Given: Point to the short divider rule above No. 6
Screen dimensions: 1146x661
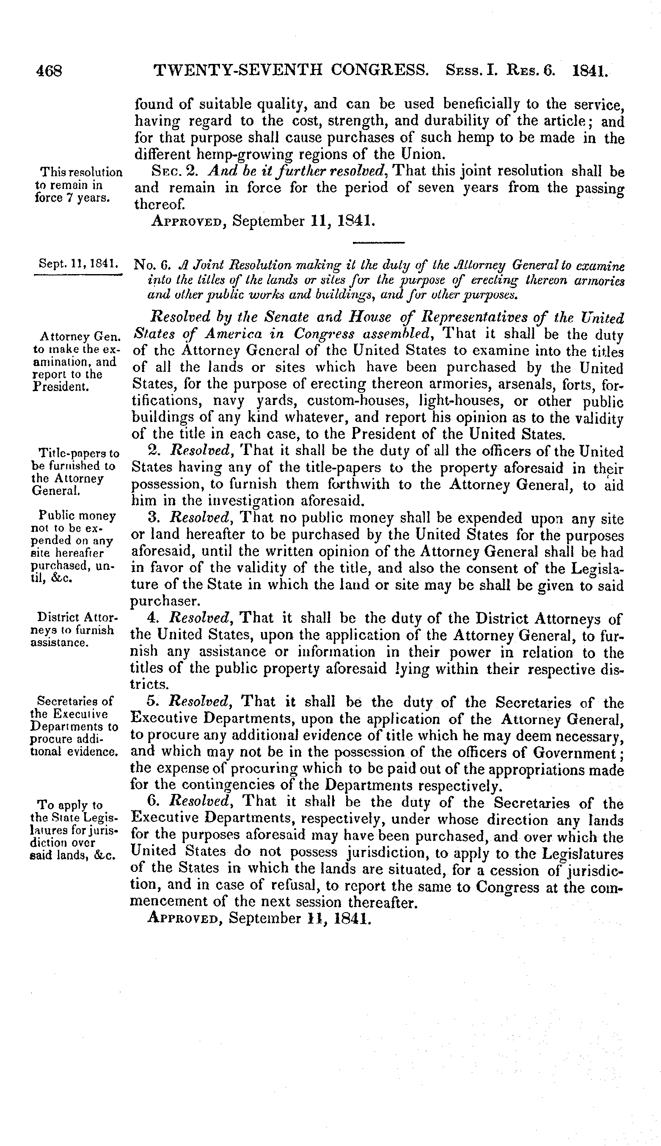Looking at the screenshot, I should pyautogui.click(x=378, y=243).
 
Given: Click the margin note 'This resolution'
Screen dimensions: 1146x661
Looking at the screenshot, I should pyautogui.click(x=81, y=173).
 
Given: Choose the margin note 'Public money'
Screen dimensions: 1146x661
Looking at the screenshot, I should pyautogui.click(x=77, y=516).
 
